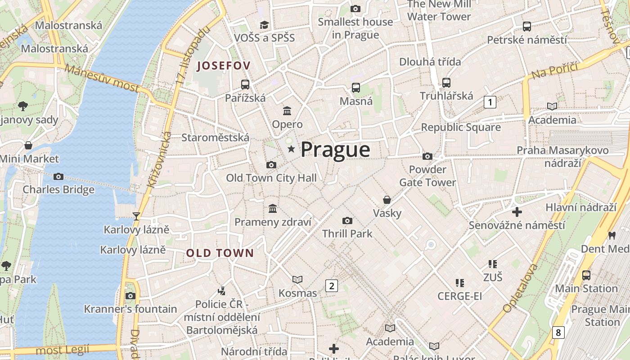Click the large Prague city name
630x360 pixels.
click(335, 149)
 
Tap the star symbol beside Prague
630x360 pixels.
click(291, 149)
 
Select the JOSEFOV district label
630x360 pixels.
click(224, 66)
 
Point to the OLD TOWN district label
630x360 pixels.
click(220, 253)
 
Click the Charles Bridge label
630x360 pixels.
click(58, 189)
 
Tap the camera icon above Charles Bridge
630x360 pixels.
click(58, 176)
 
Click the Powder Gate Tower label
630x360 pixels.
click(427, 176)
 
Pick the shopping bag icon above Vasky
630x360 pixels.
click(387, 200)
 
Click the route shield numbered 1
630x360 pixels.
click(490, 102)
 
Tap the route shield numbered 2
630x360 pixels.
click(332, 285)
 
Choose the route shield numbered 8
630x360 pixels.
click(558, 333)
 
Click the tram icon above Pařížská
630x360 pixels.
click(245, 84)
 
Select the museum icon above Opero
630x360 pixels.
click(287, 111)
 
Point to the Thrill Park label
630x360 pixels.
click(347, 234)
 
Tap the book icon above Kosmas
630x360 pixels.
click(297, 280)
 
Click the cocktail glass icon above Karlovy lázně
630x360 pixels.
click(136, 216)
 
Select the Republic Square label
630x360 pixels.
click(460, 127)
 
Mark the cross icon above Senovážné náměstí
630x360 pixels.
click(517, 211)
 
